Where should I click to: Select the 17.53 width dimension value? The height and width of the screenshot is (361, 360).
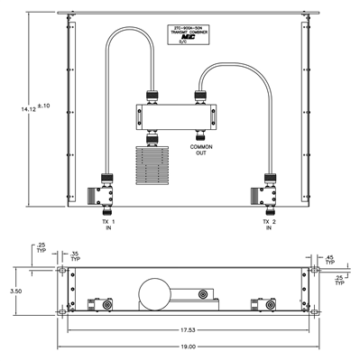[x=186, y=330]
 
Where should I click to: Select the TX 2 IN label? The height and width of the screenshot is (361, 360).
[x=268, y=224]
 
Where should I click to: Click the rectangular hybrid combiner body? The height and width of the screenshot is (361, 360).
[x=176, y=116]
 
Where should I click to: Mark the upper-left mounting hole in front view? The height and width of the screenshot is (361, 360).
[x=61, y=271]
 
